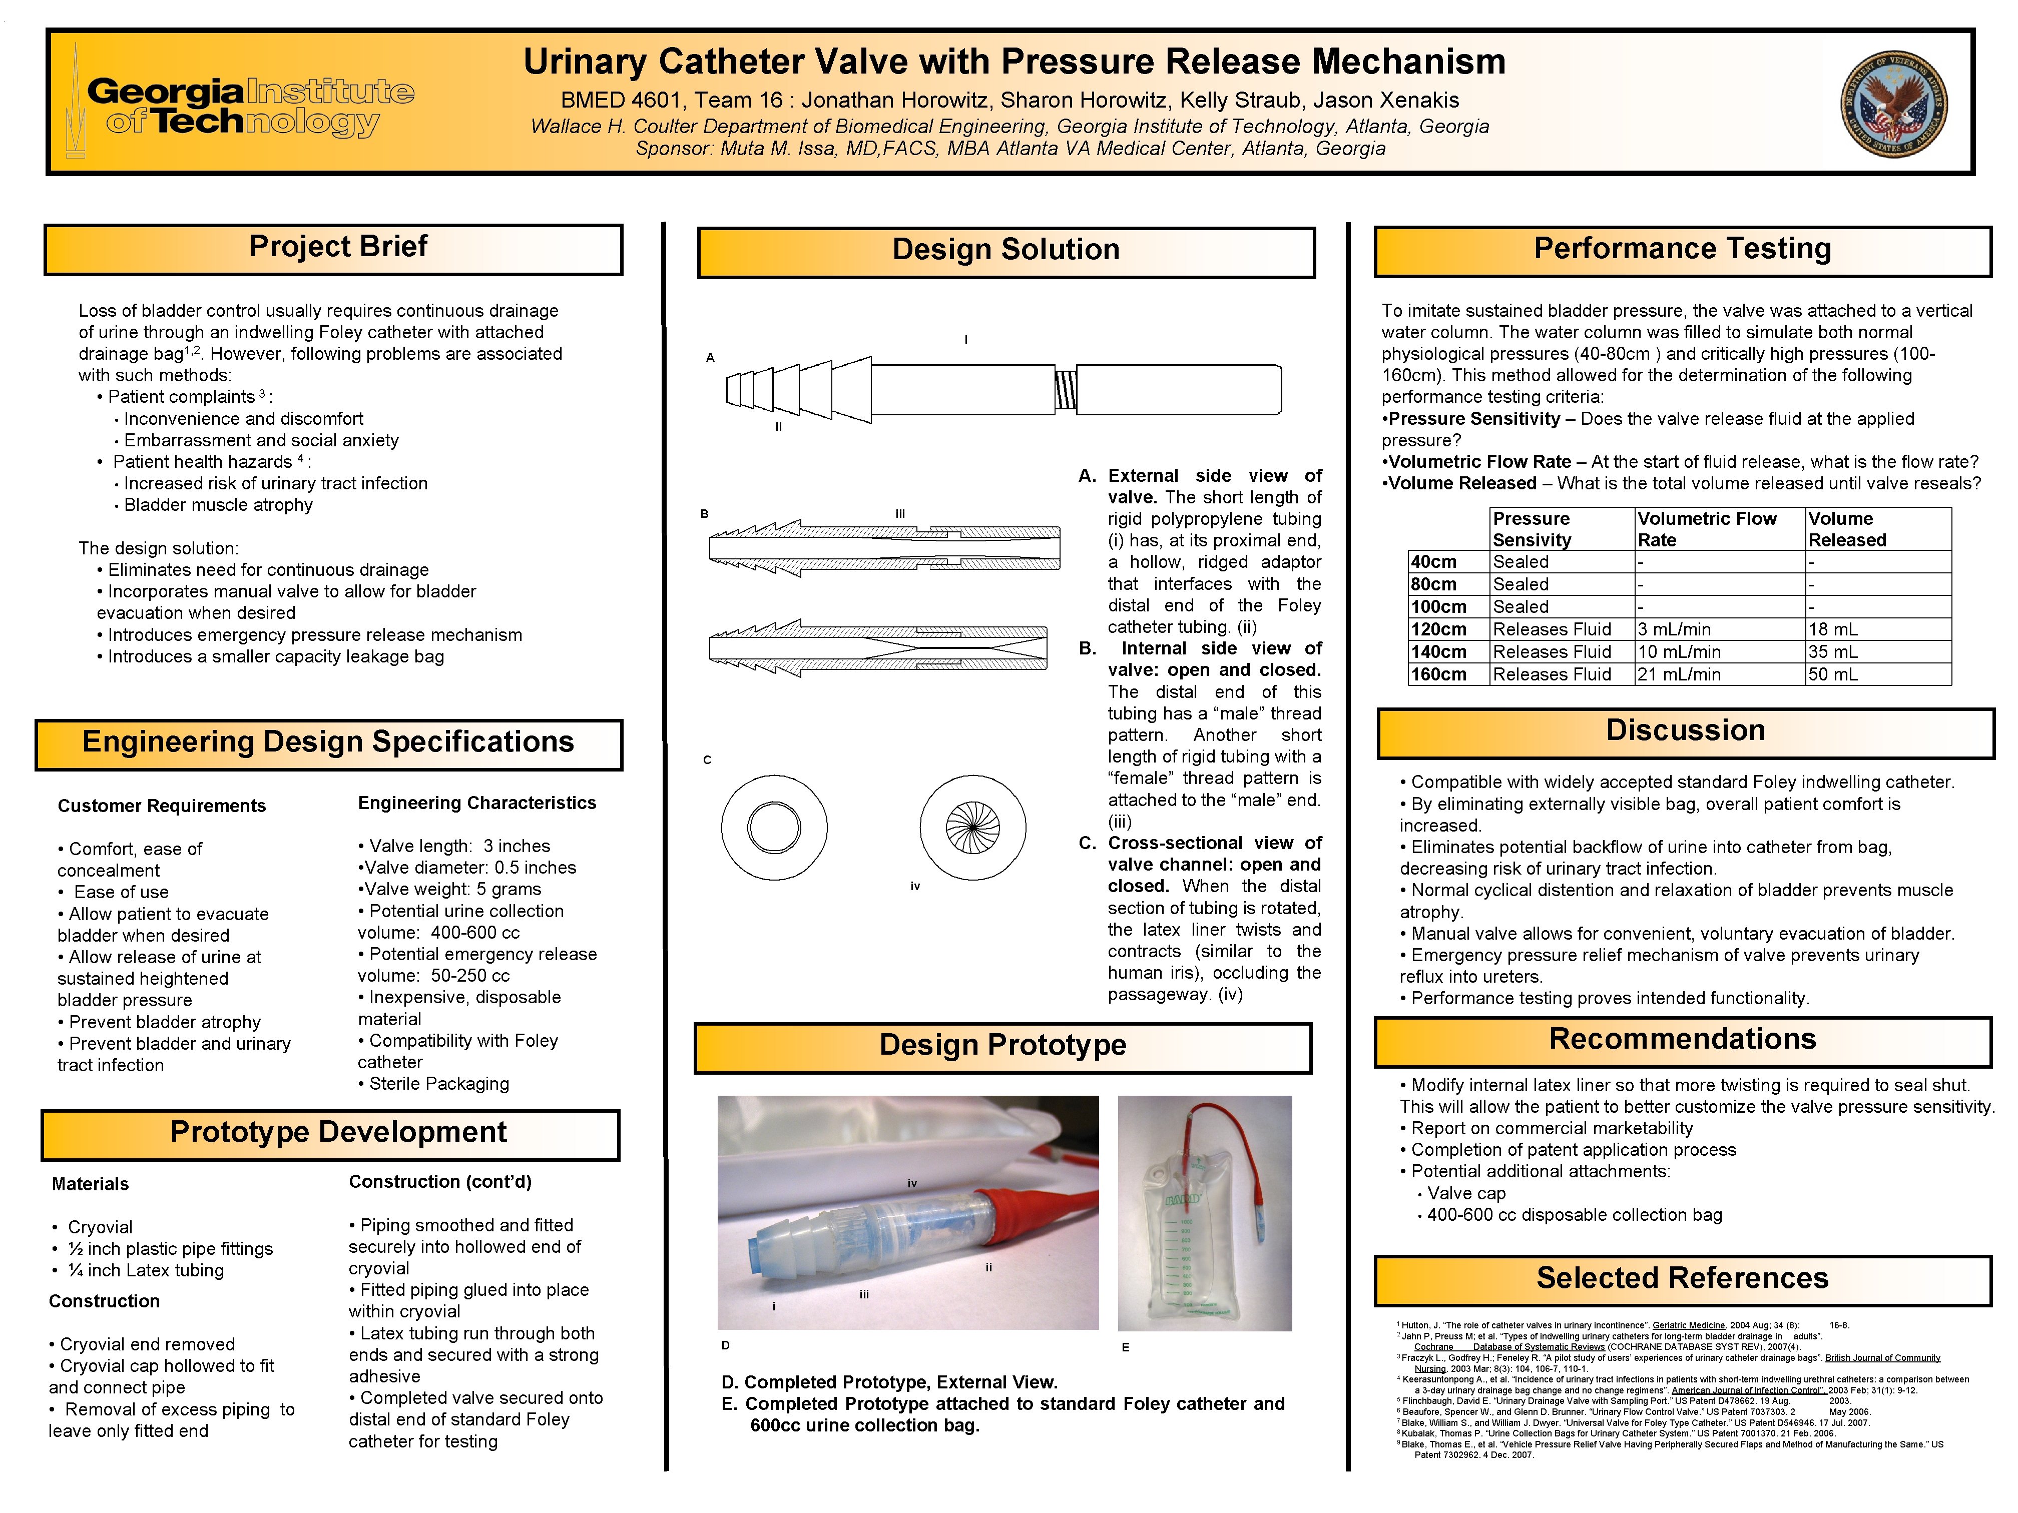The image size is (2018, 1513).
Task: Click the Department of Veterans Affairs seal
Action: [x=1894, y=104]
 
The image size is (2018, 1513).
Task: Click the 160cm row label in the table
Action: [x=1439, y=675]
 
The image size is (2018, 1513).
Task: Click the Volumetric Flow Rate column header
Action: [x=1706, y=529]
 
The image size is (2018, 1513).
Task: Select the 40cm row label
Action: [x=1433, y=562]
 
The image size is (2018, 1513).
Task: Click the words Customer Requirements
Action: [x=162, y=806]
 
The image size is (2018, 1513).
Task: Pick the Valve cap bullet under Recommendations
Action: [x=1466, y=1194]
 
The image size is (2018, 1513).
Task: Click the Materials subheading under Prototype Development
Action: [x=90, y=1185]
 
